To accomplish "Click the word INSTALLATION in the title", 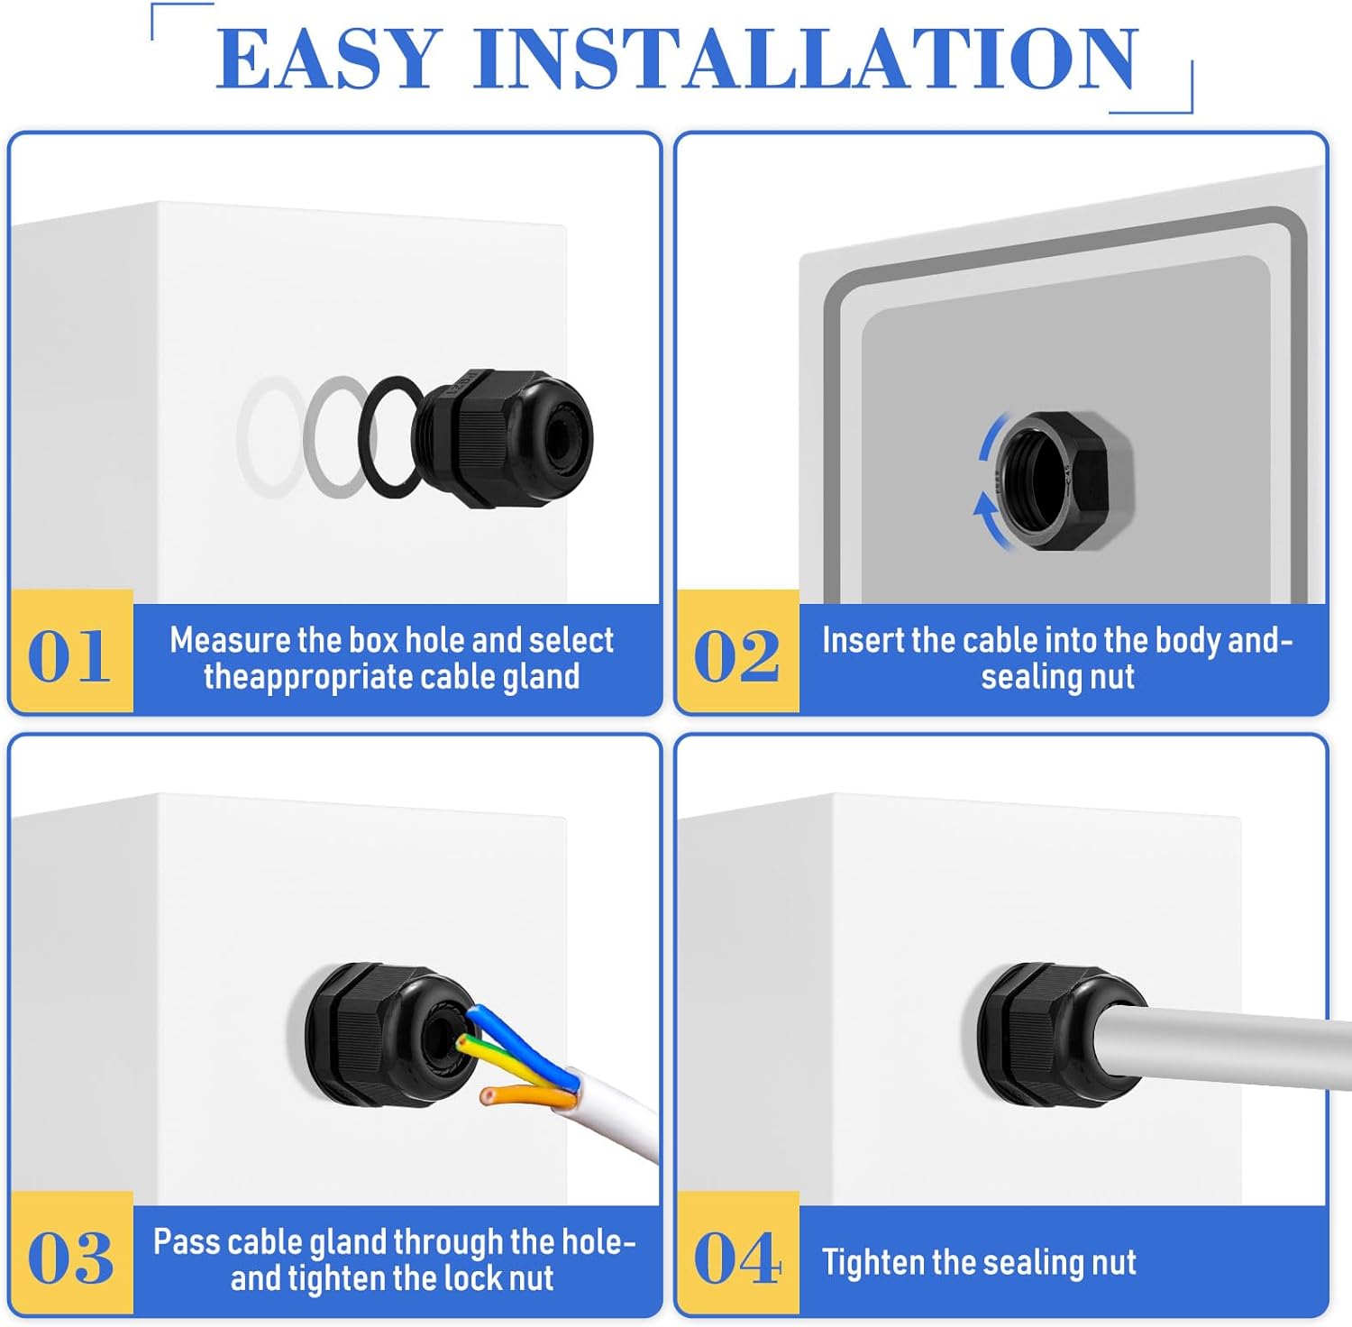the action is tap(805, 59).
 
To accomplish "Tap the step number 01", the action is tap(69, 655).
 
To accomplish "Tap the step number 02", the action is tap(736, 655).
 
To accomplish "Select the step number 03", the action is tap(70, 1258).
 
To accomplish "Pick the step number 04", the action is tap(737, 1258).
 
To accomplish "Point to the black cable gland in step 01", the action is tap(505, 438).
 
